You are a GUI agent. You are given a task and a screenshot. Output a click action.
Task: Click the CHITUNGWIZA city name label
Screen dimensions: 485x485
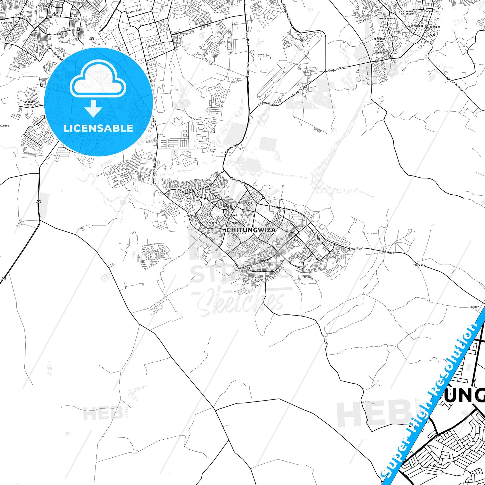251,230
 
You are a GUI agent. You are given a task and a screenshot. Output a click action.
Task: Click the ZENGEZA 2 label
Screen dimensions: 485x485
229,206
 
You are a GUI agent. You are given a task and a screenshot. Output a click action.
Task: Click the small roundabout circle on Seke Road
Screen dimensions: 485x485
263,198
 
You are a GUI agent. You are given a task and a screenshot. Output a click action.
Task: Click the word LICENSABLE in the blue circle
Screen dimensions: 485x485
98,128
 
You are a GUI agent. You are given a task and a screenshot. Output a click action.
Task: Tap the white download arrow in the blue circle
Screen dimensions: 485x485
93,108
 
